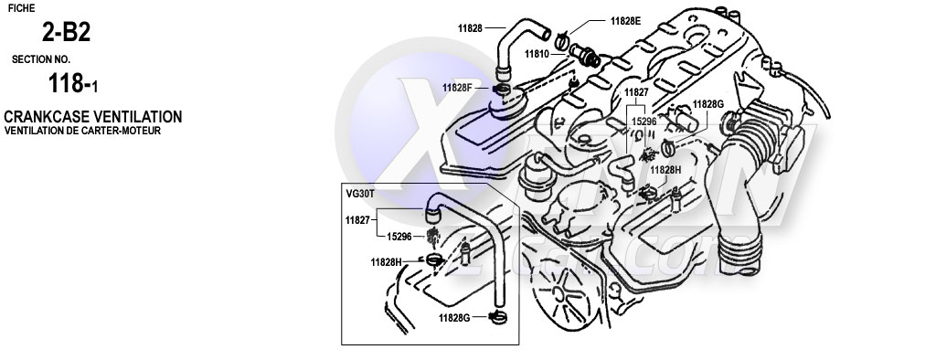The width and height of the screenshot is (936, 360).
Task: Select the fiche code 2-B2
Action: click(x=65, y=34)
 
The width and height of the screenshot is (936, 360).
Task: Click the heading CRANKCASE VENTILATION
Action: click(x=92, y=117)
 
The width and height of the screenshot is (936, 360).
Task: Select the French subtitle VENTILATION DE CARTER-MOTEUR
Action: click(x=82, y=131)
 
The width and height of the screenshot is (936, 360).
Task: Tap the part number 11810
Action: click(x=537, y=53)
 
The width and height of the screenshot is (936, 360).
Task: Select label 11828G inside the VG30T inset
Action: click(x=455, y=318)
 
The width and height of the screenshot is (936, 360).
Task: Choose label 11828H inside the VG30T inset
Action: click(x=387, y=262)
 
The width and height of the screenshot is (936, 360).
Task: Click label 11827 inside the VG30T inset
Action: click(x=357, y=220)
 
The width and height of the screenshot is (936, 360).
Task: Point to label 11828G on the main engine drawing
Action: click(x=708, y=105)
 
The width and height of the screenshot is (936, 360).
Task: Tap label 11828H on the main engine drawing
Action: click(x=665, y=169)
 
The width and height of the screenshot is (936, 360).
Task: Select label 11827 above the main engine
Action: click(x=636, y=93)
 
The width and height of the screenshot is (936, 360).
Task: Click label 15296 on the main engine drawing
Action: click(x=643, y=120)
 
